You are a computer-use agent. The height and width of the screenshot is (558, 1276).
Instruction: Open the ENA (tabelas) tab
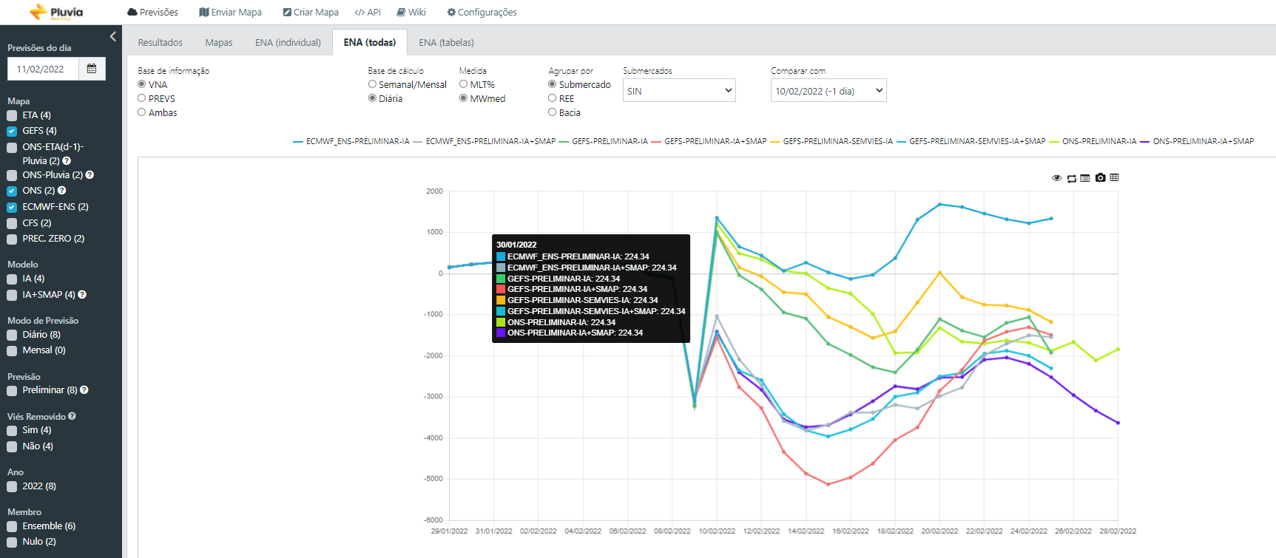coord(446,43)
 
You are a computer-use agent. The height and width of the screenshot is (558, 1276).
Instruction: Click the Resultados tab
coord(160,43)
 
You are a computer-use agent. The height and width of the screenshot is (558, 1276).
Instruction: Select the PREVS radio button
coord(141,98)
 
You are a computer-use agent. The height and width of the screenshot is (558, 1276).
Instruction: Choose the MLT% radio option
coord(463,84)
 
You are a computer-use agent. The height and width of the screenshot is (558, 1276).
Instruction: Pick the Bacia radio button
coord(552,112)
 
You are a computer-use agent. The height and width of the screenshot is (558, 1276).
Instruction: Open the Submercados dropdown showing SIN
coord(679,90)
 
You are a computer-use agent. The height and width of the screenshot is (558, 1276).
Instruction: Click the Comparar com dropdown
coord(828,90)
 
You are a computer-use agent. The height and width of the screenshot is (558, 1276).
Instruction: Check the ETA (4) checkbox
coord(12,115)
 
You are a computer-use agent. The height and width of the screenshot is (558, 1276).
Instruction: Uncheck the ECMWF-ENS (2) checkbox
coord(12,207)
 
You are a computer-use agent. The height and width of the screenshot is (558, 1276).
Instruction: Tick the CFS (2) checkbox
coord(12,223)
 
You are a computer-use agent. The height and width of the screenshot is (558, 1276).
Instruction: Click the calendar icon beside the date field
coord(92,69)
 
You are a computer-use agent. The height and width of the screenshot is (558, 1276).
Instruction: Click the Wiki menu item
coord(411,13)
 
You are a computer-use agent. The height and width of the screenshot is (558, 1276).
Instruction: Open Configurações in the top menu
coord(482,13)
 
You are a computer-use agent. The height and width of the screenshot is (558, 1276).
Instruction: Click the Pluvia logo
coord(56,12)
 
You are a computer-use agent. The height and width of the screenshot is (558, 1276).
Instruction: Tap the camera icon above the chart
coord(1101,177)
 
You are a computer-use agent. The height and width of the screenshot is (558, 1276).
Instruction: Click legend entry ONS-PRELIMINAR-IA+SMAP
coord(1203,141)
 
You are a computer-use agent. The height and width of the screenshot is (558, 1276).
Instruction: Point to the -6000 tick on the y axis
coord(433,520)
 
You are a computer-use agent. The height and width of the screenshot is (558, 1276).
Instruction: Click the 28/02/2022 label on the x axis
coord(1118,531)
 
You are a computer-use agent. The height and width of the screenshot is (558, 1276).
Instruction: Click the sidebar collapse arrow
coord(113,36)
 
